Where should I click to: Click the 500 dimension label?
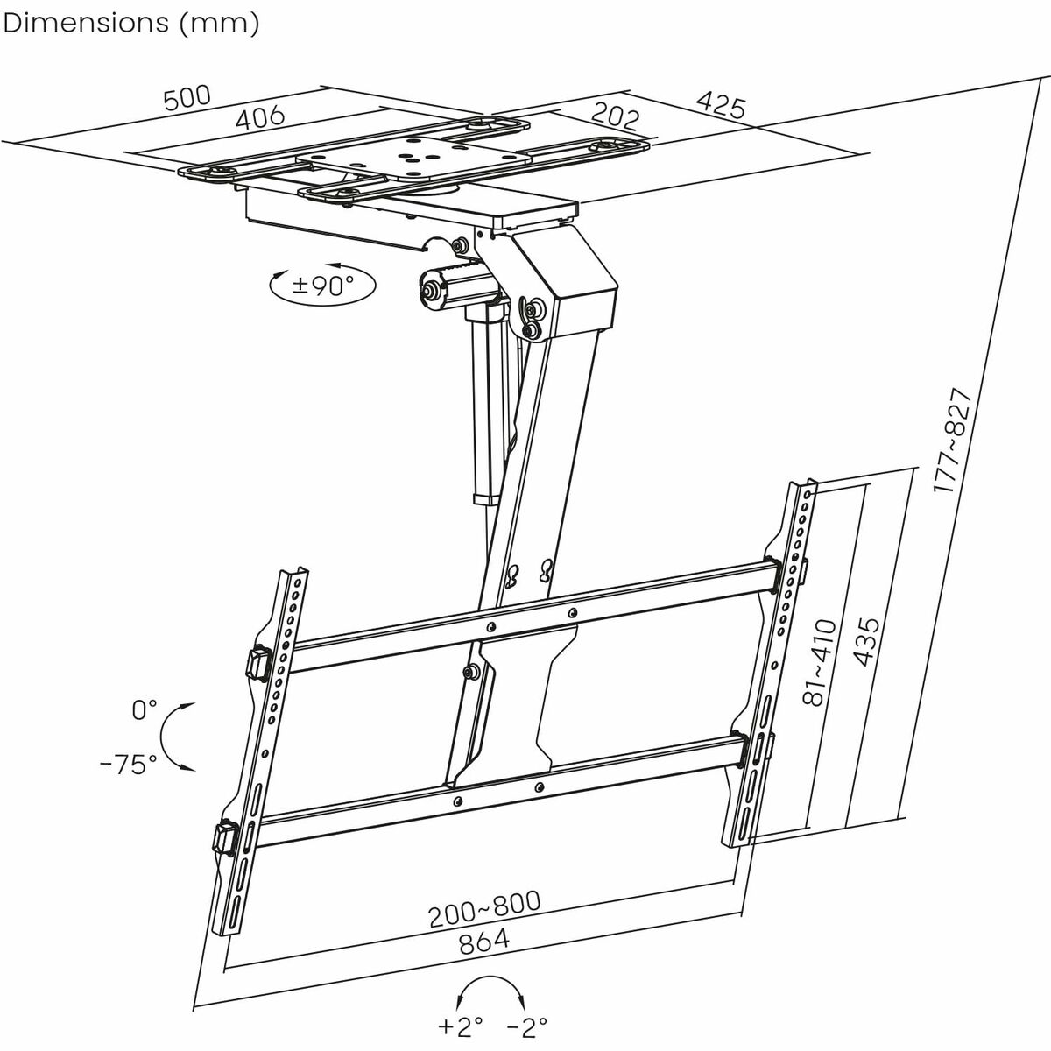point(187,98)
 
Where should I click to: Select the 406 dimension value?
point(260,117)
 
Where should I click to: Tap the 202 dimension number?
point(616,116)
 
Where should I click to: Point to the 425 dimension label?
point(721,106)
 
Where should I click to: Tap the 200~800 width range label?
point(484,909)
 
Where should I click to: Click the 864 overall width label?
point(483,942)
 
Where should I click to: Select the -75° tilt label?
point(129,764)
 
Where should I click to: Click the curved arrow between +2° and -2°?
point(492,988)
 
